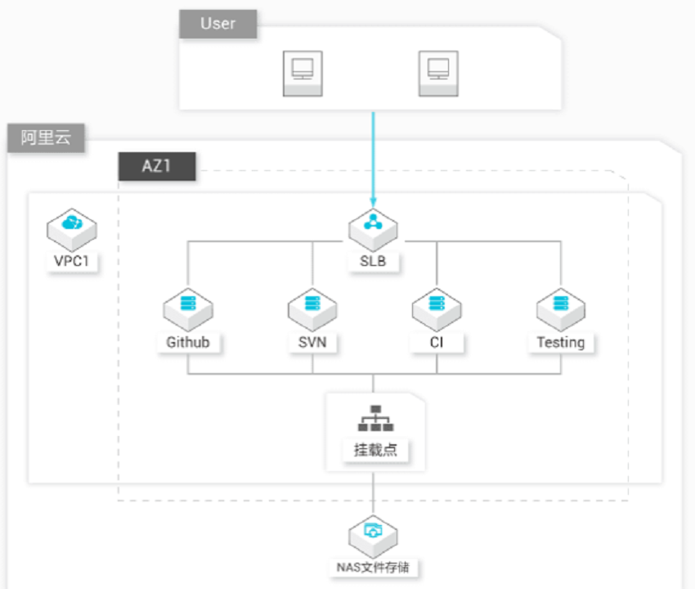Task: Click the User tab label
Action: (x=217, y=24)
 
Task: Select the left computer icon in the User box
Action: (x=303, y=73)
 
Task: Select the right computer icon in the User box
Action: (x=438, y=73)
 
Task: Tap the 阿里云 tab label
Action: (x=46, y=138)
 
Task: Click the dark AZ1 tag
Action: (x=157, y=166)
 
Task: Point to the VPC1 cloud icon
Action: (x=72, y=229)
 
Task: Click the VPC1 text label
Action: (x=72, y=261)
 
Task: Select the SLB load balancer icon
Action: (x=373, y=229)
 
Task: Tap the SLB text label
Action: (x=373, y=261)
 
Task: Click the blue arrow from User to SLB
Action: (x=373, y=160)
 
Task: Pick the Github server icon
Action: (x=188, y=309)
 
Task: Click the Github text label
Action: (x=188, y=343)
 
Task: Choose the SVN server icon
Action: (x=312, y=309)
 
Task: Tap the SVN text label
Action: (x=312, y=343)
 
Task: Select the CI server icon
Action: (x=437, y=309)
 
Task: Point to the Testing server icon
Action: (x=561, y=309)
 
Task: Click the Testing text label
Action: (x=561, y=343)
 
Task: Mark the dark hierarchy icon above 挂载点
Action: (x=375, y=418)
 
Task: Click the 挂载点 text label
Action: (x=375, y=450)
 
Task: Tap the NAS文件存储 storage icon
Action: (x=373, y=537)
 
